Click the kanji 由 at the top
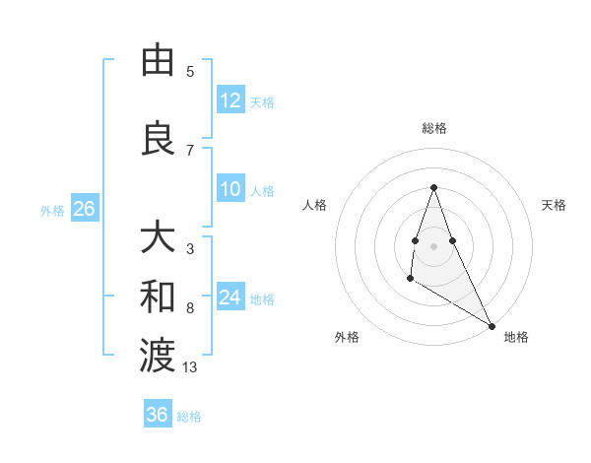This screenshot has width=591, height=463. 158,61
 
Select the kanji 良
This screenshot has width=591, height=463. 158,138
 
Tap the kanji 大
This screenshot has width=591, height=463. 158,238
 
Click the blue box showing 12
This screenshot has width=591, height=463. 230,100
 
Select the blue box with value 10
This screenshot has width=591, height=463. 230,190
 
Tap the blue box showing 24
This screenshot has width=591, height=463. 230,298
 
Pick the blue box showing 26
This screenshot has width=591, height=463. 84,209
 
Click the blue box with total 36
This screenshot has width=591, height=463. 157,415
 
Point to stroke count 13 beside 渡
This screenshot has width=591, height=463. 190,367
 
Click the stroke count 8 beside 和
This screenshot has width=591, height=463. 190,308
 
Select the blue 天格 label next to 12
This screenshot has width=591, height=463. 262,101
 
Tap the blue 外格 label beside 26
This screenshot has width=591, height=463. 52,210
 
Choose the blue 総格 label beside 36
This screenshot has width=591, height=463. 189,416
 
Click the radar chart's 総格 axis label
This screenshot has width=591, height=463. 433,128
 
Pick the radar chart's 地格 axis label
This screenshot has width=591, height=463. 516,337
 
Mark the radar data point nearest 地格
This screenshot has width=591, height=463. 492,325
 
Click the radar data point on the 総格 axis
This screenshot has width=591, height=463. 433,187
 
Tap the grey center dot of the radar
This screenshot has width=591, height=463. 433,244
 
